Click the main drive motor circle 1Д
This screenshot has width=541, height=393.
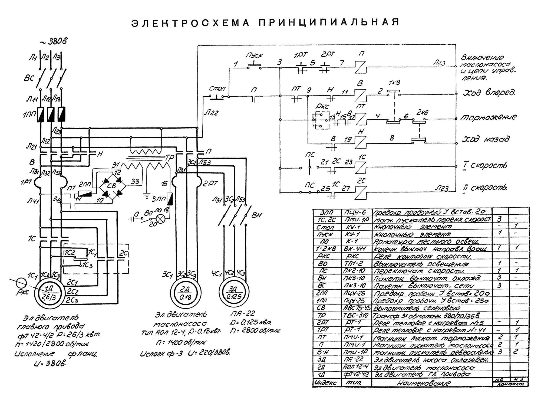tap(49, 293)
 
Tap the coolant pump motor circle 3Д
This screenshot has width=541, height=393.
tap(234, 293)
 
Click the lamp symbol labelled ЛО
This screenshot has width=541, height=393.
tap(161, 219)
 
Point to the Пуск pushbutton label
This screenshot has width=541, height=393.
tap(255, 55)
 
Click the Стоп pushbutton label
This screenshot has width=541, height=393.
tap(217, 89)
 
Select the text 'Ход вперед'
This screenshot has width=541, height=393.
tap(489, 93)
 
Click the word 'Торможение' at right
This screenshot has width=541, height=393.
tap(489, 117)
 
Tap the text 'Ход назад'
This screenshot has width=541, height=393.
tap(486, 139)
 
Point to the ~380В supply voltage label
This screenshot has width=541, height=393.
tap(53, 41)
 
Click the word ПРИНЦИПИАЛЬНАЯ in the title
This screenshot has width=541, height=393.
tap(329, 22)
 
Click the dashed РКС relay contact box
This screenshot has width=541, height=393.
tap(321, 120)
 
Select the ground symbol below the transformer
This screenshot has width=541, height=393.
tap(147, 195)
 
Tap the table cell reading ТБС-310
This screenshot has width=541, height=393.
tap(356, 315)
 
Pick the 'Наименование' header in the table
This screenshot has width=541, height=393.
tap(424, 383)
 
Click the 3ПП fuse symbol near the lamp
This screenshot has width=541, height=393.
tap(170, 199)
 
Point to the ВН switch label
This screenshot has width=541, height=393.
tap(256, 215)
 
